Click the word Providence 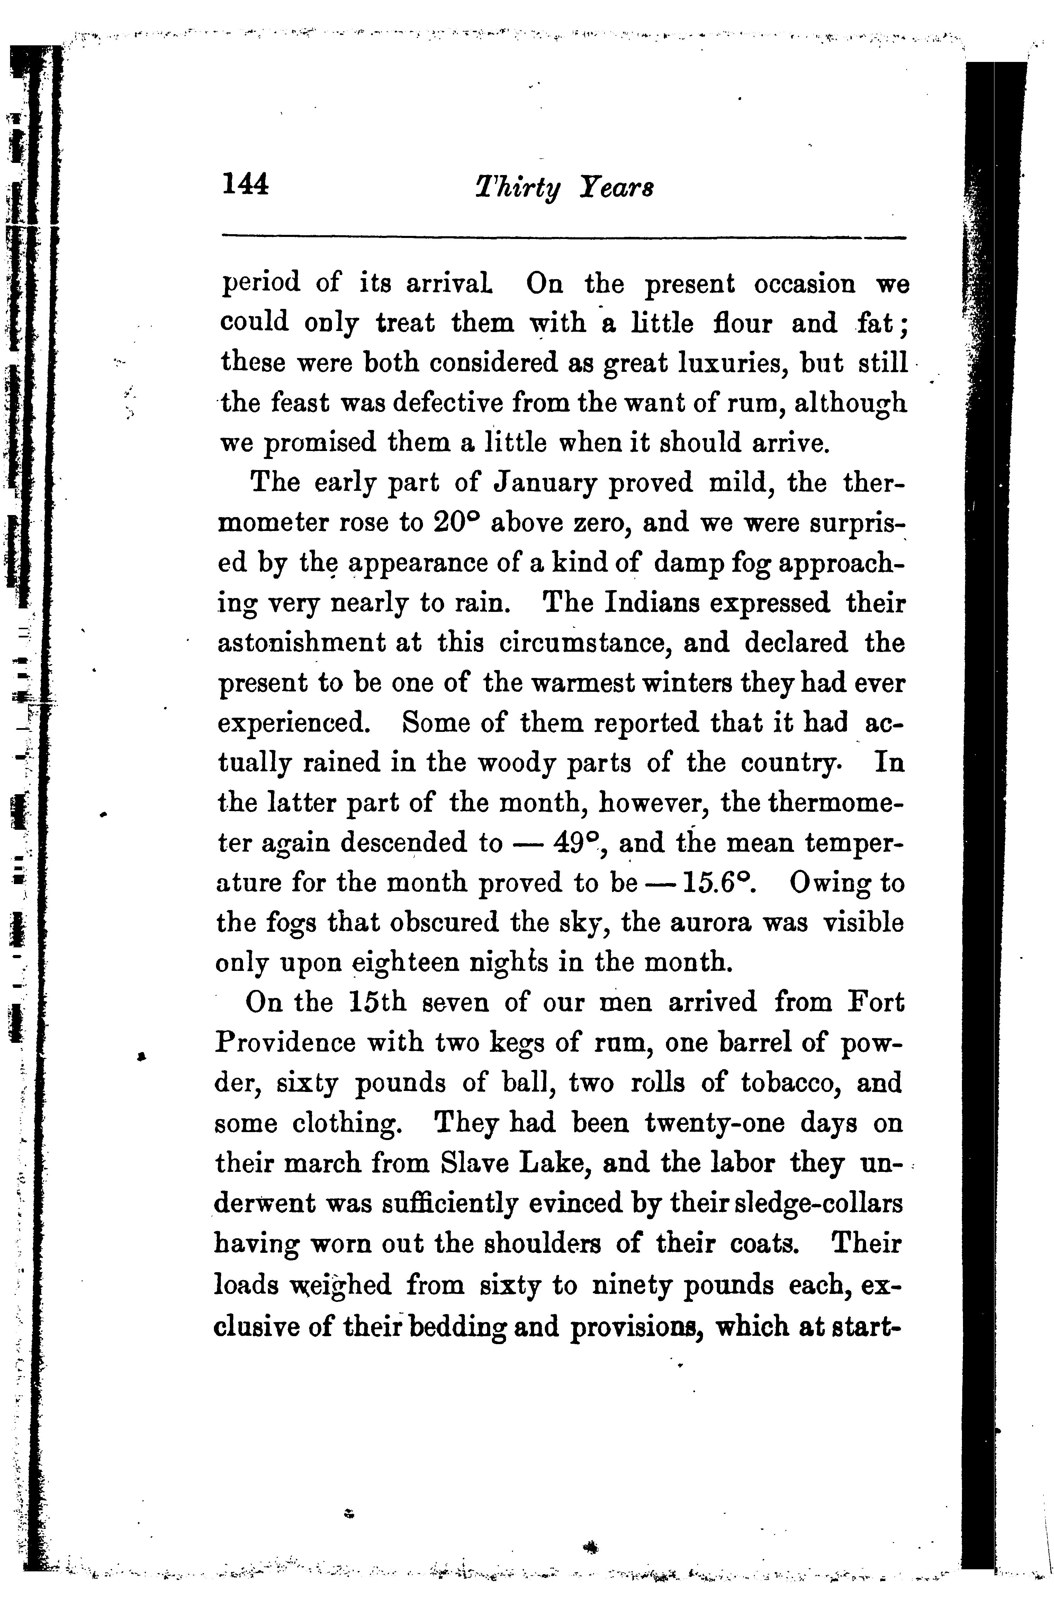[x=285, y=1043]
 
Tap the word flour [x=742, y=323]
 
